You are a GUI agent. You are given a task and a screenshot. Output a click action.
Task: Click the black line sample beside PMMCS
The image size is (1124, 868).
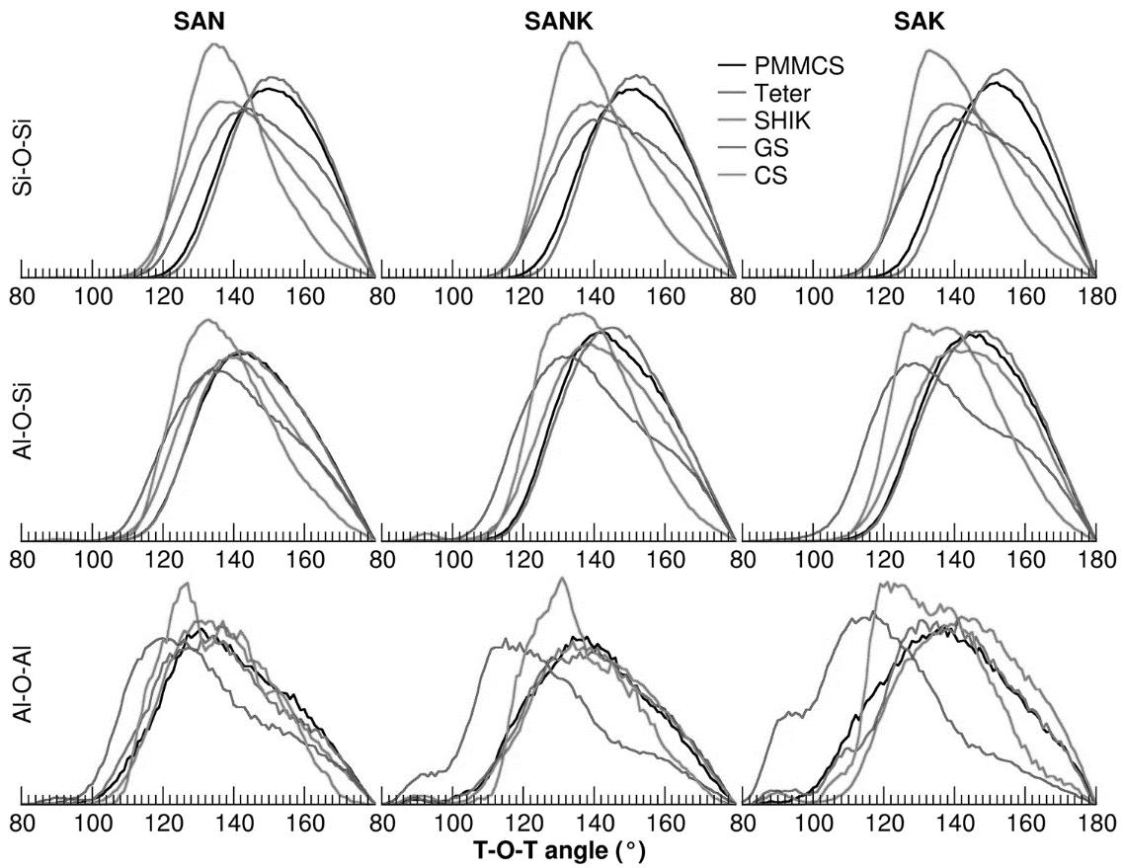732,66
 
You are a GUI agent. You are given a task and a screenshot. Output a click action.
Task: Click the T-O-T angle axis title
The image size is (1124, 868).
560,849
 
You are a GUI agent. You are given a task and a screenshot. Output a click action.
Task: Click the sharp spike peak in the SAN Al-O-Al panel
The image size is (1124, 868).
185,584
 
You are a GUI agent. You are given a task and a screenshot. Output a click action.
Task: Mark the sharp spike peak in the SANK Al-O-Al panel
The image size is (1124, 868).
562,579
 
